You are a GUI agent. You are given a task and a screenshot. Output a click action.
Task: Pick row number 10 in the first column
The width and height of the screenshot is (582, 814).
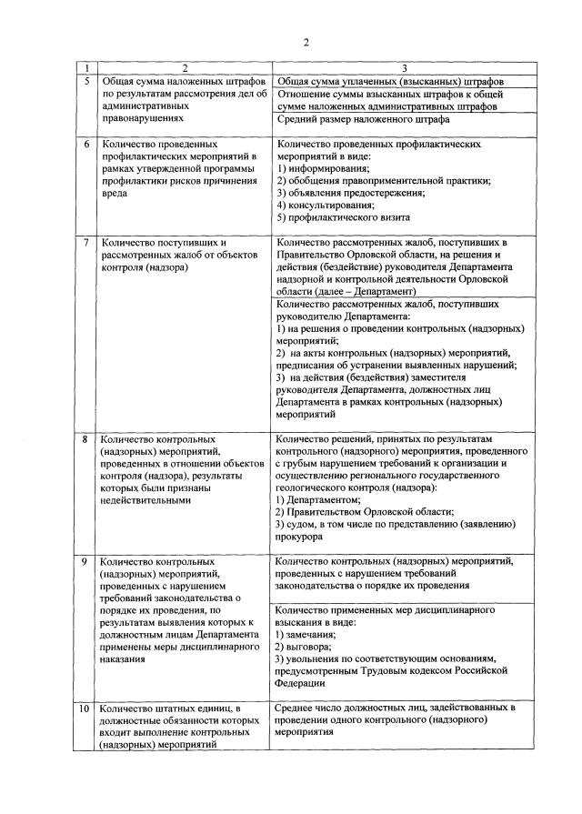tap(85, 708)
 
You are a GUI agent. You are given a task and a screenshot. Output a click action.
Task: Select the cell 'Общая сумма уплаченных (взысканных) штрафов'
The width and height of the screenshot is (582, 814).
tap(391, 82)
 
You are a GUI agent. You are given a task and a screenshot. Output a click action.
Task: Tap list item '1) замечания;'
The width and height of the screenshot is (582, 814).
tap(307, 633)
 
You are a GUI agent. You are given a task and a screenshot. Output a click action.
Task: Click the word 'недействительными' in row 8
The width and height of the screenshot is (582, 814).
tap(145, 499)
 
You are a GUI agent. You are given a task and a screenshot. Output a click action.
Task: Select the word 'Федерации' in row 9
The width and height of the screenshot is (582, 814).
tap(299, 682)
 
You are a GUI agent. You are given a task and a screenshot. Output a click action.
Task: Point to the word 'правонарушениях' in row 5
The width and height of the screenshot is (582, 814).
tap(144, 118)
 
